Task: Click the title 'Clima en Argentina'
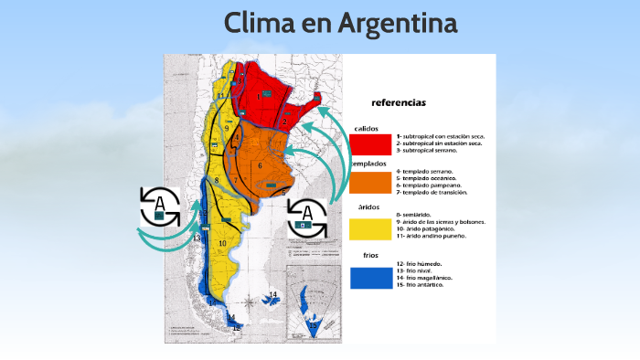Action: [x=340, y=25]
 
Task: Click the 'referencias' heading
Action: [x=398, y=102]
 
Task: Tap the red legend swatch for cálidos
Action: [x=369, y=143]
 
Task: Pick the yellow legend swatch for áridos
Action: [x=369, y=228]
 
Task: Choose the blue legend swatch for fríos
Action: [x=369, y=276]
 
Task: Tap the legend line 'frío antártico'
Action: [x=424, y=284]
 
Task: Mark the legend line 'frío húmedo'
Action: [x=421, y=264]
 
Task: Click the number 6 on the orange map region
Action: [x=261, y=165]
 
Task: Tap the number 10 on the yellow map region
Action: [x=222, y=243]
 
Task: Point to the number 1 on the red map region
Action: [x=259, y=96]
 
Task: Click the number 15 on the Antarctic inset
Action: [x=313, y=324]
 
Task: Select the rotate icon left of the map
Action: [x=160, y=206]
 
